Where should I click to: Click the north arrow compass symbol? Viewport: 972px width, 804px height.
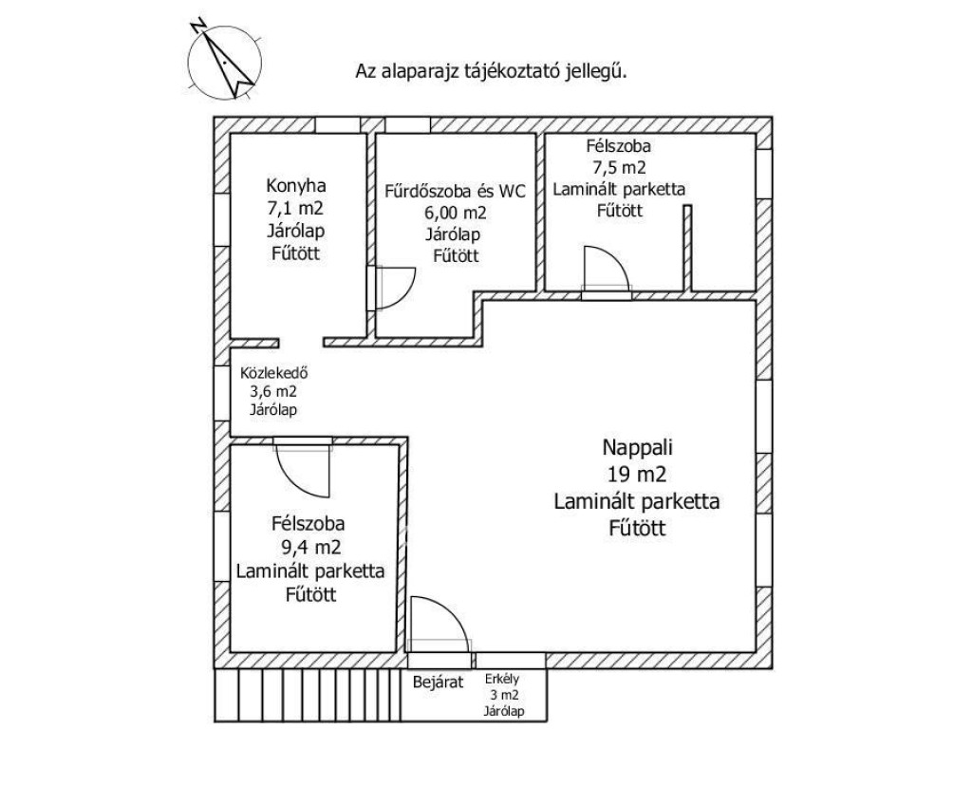pyautogui.click(x=226, y=58)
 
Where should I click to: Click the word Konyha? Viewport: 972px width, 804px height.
pyautogui.click(x=293, y=185)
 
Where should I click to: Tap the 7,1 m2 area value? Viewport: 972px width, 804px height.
pyautogui.click(x=293, y=208)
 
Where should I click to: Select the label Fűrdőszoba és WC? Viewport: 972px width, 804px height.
pyautogui.click(x=455, y=189)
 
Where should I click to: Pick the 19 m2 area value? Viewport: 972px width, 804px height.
pyautogui.click(x=637, y=474)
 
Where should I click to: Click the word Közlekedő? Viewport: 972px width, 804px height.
pyautogui.click(x=274, y=372)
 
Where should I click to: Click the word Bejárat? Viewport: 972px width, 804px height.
pyautogui.click(x=436, y=681)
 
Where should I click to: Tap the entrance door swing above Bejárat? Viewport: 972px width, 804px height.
pyautogui.click(x=439, y=622)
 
